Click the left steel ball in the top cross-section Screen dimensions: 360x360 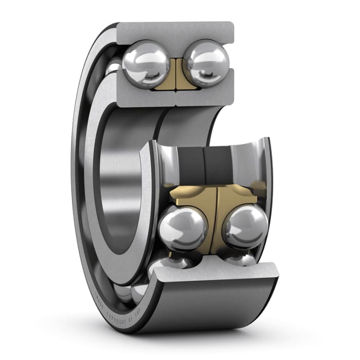pyautogui.click(x=145, y=64)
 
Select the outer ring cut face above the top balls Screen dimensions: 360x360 pyautogui.click(x=175, y=32)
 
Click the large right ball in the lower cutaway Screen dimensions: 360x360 pyautogui.click(x=245, y=226)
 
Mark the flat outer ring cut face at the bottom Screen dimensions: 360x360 pyautogui.click(x=216, y=273)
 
